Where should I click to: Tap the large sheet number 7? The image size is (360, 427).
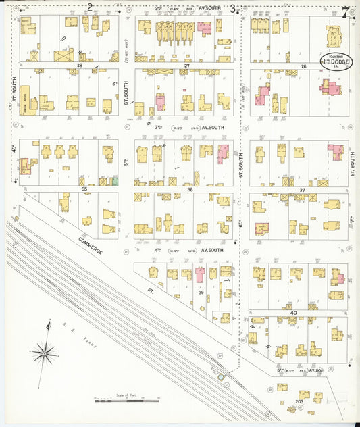tap(346, 12)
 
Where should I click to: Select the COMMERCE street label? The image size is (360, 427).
tap(90, 245)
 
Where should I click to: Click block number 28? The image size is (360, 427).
tap(79, 65)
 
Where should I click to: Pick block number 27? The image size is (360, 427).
tap(186, 65)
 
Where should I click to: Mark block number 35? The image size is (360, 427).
tap(84, 189)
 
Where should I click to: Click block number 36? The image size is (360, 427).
tap(190, 189)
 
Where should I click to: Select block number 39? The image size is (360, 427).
tap(201, 292)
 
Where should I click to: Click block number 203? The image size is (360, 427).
tap(299, 409)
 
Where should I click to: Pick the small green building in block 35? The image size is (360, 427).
tap(115, 180)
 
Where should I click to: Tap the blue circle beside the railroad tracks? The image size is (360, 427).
tap(220, 376)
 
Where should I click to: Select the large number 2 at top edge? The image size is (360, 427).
tap(89, 7)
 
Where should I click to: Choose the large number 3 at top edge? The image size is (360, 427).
tap(233, 8)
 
